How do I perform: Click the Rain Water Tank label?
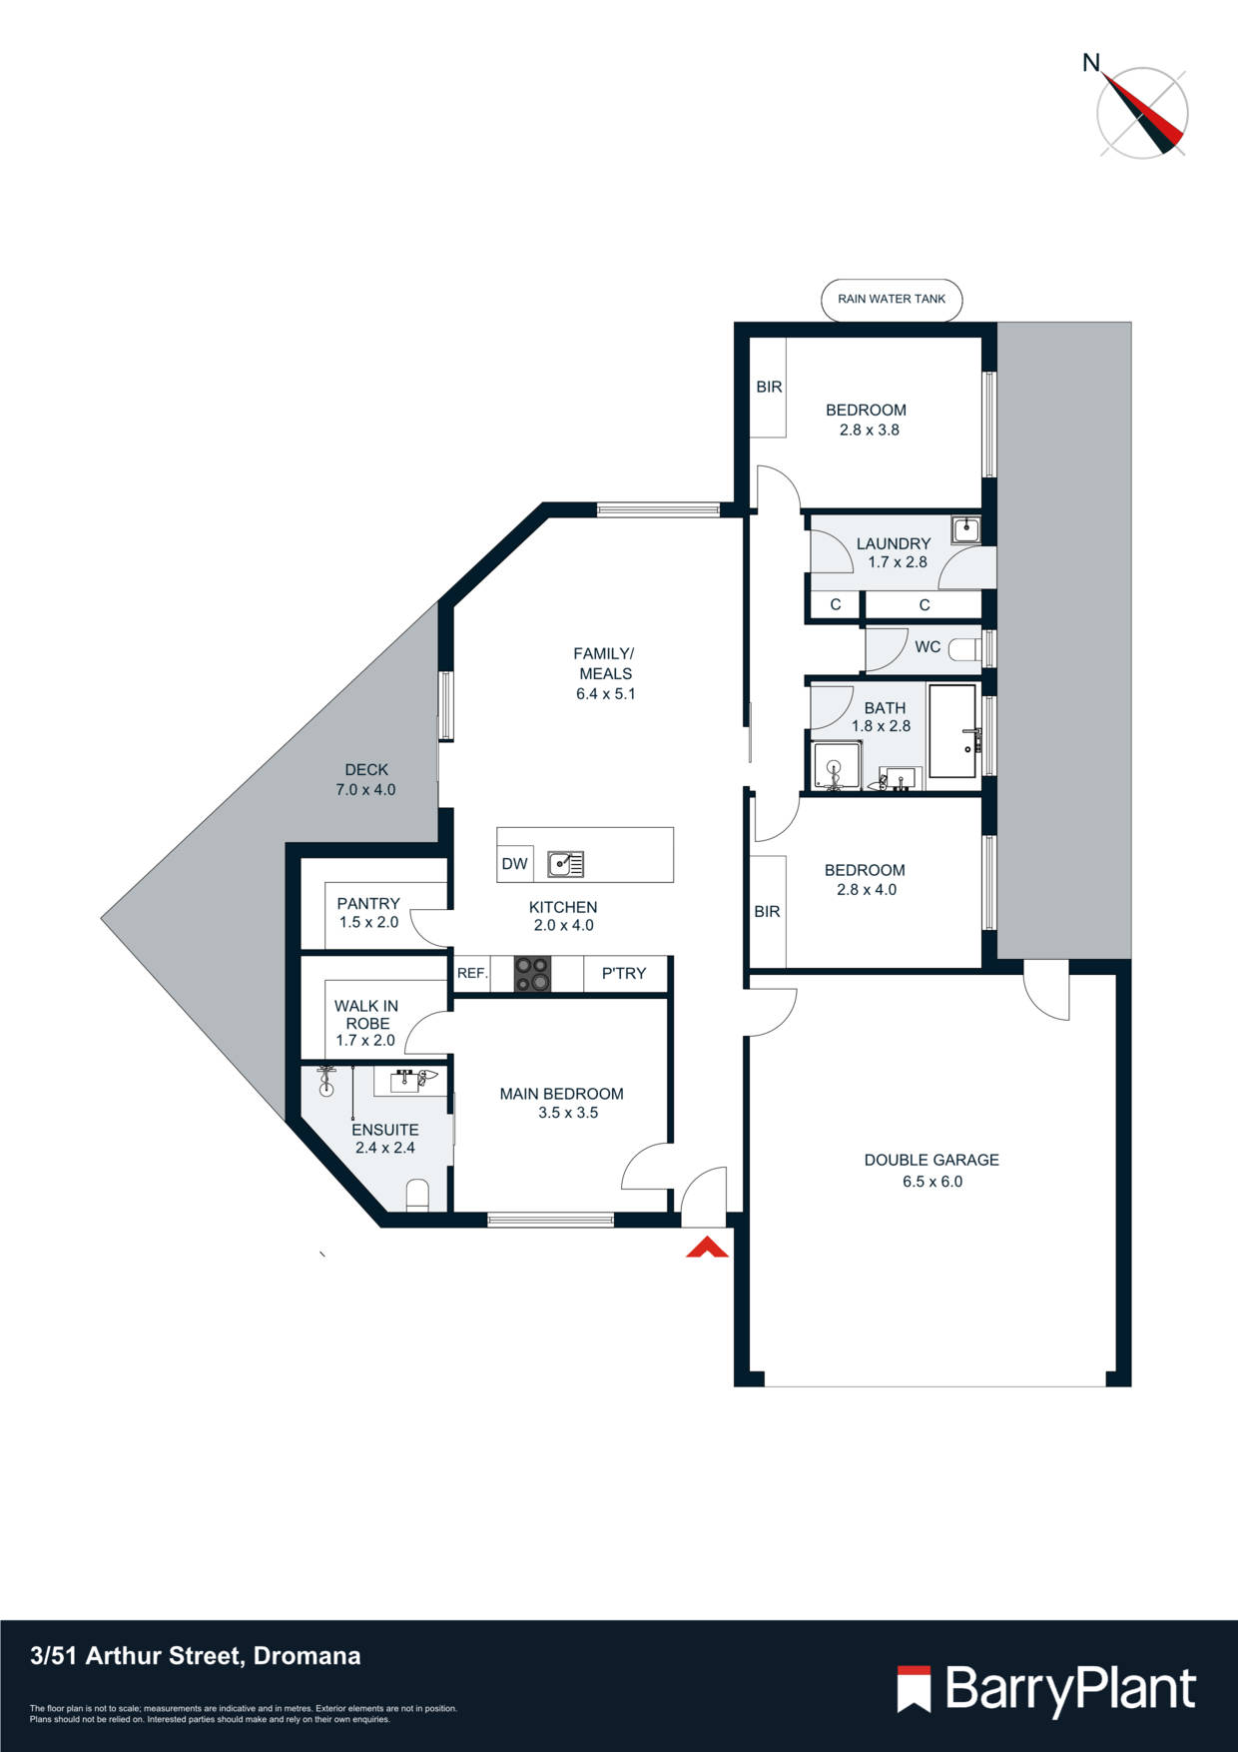coord(892,299)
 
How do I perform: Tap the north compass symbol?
coord(1142,111)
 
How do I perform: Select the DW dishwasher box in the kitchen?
coord(514,864)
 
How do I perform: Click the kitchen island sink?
coord(565,864)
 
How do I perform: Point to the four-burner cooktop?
coord(532,974)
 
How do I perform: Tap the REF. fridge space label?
coord(472,973)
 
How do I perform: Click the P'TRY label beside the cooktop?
coord(623,973)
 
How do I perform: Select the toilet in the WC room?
coord(963,649)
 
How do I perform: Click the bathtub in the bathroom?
coord(952,731)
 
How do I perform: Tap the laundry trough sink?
coord(965,530)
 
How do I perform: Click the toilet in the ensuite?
coord(417,1195)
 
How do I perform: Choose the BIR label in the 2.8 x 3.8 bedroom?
coord(769,387)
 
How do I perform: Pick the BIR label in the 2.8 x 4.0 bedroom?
coord(767,911)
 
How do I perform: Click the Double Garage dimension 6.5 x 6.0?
coord(931,1182)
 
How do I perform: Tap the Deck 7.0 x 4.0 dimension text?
coord(365,790)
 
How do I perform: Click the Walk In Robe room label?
coord(366,1015)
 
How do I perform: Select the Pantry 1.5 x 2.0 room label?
coord(367,912)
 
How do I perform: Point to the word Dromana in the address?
coord(307,1656)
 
